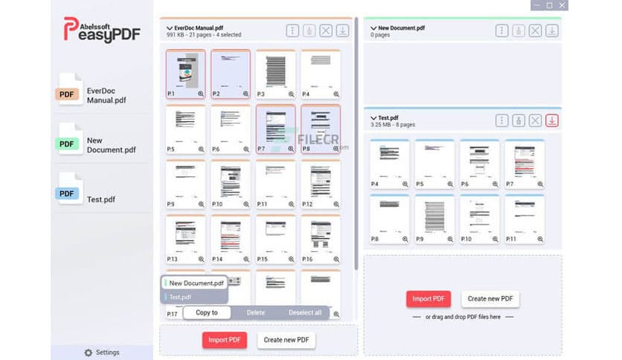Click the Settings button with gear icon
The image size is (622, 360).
pos(102,352)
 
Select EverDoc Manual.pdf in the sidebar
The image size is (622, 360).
pos(97,95)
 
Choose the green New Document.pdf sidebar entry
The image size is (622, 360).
pos(97,144)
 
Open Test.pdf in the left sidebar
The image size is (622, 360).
pos(97,199)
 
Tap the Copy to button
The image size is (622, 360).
pos(207,312)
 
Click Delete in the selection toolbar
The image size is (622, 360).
pos(255,312)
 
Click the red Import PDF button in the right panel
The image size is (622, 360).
pos(428,299)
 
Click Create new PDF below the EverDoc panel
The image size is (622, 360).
pos(286,340)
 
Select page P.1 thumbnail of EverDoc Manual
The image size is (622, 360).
pos(185,71)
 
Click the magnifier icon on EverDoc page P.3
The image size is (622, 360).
pos(291,94)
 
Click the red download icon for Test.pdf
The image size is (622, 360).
pos(551,120)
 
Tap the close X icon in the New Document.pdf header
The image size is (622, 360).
pos(535,30)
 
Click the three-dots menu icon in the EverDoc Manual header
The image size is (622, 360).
pos(293,30)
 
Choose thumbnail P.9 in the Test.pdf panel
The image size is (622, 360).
pos(434,216)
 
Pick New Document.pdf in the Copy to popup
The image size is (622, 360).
pos(196,283)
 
